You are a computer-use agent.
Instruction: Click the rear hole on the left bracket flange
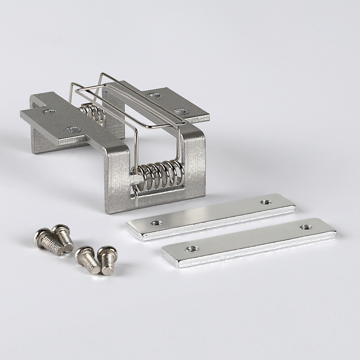click(49, 111)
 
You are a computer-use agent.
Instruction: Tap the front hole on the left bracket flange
click(72, 130)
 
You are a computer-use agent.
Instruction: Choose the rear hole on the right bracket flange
click(154, 95)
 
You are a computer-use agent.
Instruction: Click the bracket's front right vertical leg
click(195, 166)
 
